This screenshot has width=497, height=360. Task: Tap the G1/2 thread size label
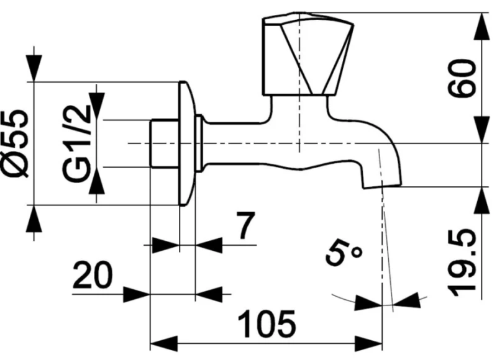click(x=76, y=144)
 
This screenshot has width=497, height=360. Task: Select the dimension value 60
click(x=462, y=79)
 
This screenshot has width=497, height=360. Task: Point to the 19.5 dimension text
click(x=462, y=263)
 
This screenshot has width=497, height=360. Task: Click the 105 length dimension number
click(x=267, y=323)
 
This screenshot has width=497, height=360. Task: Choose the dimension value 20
click(x=93, y=275)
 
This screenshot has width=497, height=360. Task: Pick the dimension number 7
click(x=245, y=225)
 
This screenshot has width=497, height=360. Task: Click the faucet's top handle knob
click(x=308, y=54)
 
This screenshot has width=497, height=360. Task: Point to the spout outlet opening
click(x=382, y=186)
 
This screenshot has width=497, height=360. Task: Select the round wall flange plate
click(x=188, y=143)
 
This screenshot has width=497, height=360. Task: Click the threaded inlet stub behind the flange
click(x=164, y=143)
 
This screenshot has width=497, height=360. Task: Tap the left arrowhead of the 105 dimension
click(x=163, y=343)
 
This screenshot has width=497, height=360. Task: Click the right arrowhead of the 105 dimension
click(x=368, y=343)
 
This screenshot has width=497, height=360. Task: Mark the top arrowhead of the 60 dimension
click(x=481, y=27)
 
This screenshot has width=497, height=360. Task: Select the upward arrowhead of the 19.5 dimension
click(x=481, y=200)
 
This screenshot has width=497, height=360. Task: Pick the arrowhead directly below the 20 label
click(x=136, y=294)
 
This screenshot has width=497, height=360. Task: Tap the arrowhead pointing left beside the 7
click(x=209, y=245)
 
